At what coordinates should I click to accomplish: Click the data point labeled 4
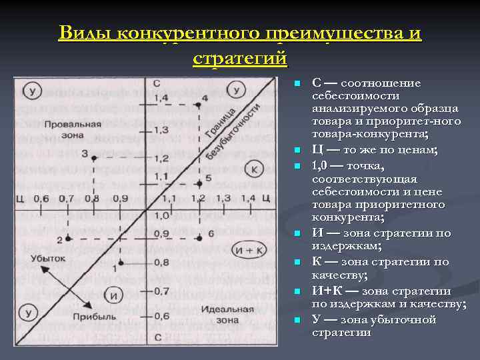(198, 105)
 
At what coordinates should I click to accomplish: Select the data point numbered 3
(94, 157)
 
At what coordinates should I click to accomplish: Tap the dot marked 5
(198, 177)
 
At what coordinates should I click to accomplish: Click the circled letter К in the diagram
(255, 169)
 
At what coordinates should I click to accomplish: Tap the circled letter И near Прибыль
(115, 295)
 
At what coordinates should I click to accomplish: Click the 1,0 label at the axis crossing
(161, 215)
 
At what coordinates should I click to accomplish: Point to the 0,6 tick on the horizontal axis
(41, 199)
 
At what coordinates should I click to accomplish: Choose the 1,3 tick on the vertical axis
(161, 129)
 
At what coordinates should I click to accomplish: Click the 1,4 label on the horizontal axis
(249, 198)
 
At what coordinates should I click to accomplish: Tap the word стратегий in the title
(240, 59)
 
